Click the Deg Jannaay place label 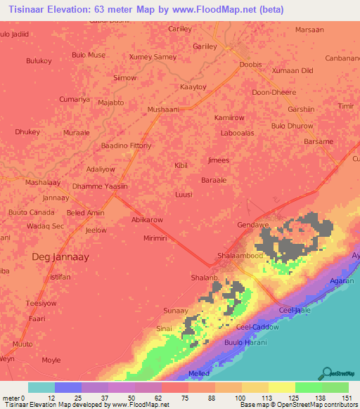click(x=61, y=257)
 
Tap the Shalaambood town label click(x=240, y=256)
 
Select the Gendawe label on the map click(x=254, y=226)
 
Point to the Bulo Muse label click(x=89, y=56)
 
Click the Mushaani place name click(x=164, y=110)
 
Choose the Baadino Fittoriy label click(x=127, y=145)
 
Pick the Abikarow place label click(x=146, y=220)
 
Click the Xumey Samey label click(x=153, y=56)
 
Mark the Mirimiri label click(x=155, y=239)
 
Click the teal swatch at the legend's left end click(x=41, y=387)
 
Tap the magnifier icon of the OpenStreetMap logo click(x=326, y=373)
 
